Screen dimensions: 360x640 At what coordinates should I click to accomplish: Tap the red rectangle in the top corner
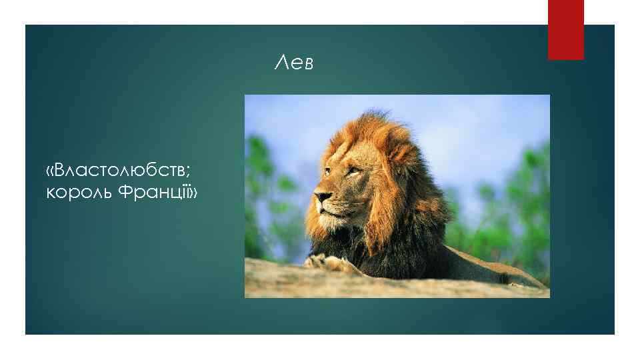[x=565, y=29]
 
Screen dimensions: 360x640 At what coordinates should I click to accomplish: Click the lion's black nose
[x=321, y=197]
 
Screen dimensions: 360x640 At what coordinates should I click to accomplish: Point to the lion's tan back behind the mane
[x=480, y=263]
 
